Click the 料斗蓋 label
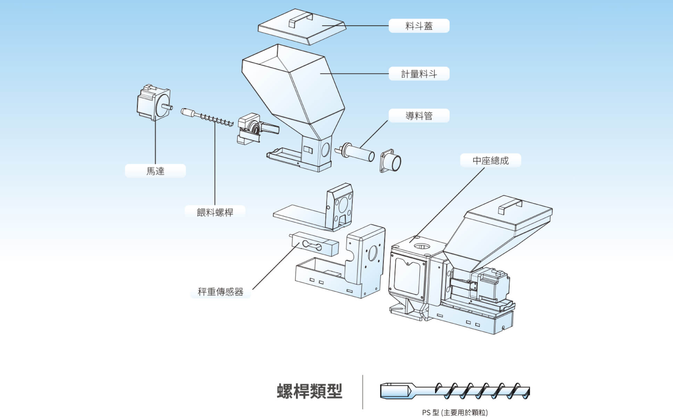[419, 26]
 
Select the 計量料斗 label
[419, 74]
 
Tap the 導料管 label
[419, 116]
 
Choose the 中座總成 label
[490, 161]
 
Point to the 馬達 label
[155, 171]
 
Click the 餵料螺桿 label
[215, 212]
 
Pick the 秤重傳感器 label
[220, 292]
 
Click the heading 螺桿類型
[309, 391]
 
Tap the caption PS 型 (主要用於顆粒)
[455, 413]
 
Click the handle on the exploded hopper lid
[301, 20]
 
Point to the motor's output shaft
[167, 107]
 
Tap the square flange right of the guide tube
[391, 161]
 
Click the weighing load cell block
[314, 244]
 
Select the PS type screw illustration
[455, 391]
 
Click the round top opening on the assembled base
[422, 247]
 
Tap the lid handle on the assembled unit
[510, 206]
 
